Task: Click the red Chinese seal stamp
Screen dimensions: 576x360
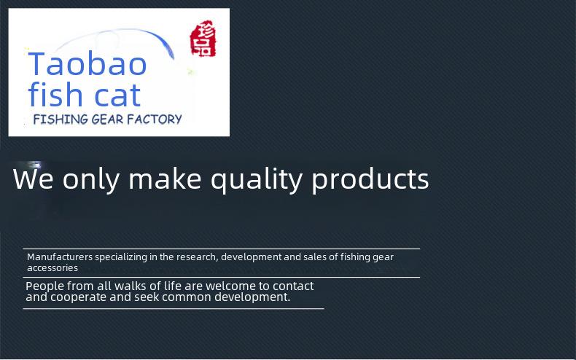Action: [x=203, y=39]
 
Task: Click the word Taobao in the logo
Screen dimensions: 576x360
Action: [x=87, y=64]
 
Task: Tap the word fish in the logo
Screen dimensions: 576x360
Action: [x=55, y=94]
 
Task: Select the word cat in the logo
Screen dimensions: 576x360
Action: [x=117, y=95]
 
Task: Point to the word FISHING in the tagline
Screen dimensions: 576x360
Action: [x=61, y=119]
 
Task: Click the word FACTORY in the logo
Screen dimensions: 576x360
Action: [x=155, y=119]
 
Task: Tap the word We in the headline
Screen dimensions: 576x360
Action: [x=33, y=179]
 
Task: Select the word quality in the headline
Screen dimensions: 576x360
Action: [x=257, y=180]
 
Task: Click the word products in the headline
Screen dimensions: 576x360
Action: [x=370, y=179]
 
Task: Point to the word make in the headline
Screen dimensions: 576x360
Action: [x=165, y=179]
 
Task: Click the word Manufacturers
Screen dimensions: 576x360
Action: [x=60, y=257]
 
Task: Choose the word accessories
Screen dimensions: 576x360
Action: [x=52, y=268]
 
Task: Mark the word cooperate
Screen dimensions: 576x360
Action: [x=78, y=297]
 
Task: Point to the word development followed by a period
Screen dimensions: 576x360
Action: [x=252, y=297]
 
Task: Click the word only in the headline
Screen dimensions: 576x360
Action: [x=91, y=180]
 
